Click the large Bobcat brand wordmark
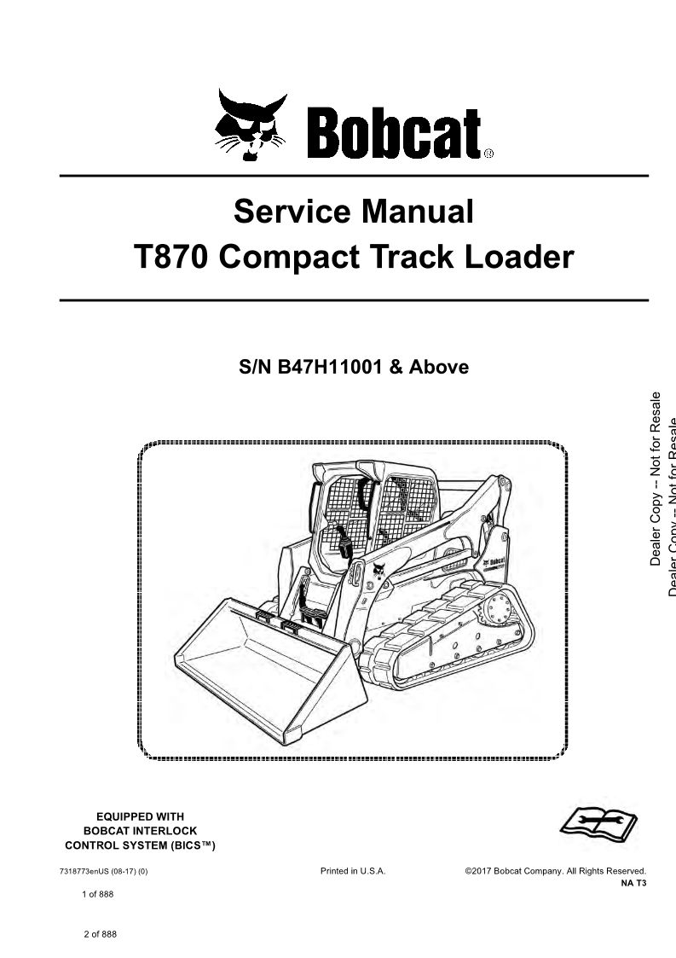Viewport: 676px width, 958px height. pos(394,133)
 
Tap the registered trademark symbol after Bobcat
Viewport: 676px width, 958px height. pos(488,154)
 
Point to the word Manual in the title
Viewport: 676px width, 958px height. pos(417,212)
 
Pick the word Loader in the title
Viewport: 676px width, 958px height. pos(519,257)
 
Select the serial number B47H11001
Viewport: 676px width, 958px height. pos(330,367)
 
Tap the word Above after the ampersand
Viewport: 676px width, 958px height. pos(438,367)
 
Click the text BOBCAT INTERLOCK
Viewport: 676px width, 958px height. pos(140,831)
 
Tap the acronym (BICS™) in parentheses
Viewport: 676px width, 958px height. pos(191,845)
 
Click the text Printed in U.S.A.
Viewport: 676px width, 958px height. pos(353,871)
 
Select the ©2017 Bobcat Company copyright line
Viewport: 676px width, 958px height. pos(555,871)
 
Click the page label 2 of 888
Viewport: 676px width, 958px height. pos(100,934)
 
